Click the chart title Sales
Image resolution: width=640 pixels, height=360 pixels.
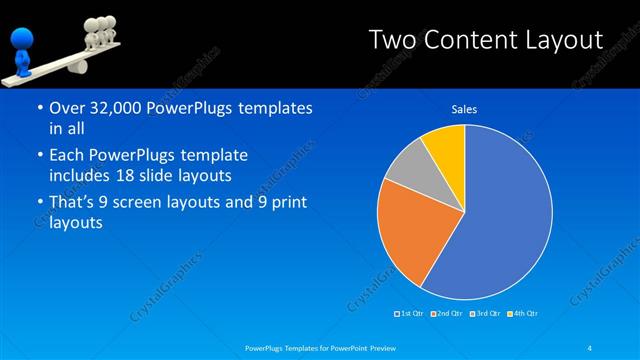pyautogui.click(x=464, y=109)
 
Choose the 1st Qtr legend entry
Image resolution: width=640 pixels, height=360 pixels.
pyautogui.click(x=410, y=314)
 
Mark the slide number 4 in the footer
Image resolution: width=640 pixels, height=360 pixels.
pyautogui.click(x=591, y=348)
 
